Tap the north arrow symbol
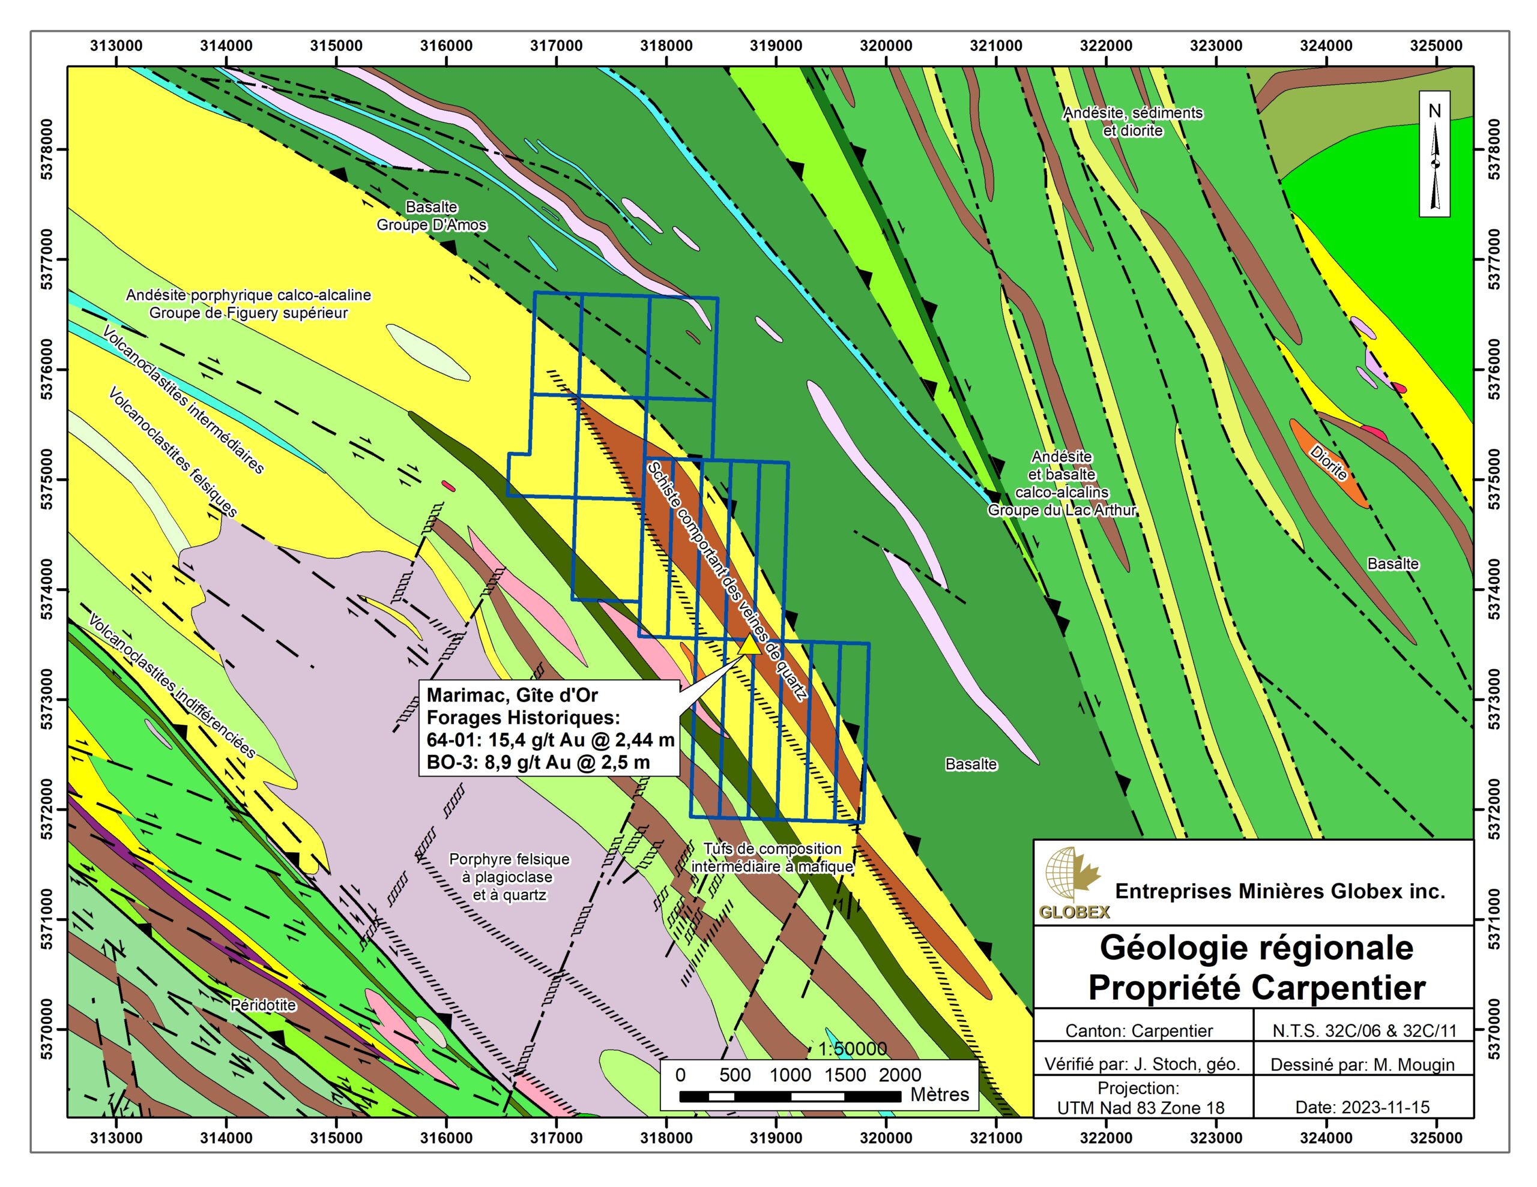[x=1434, y=162]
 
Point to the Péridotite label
[x=263, y=1005]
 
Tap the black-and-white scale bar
[x=790, y=1096]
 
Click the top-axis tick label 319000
[x=776, y=46]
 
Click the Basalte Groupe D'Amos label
[x=432, y=216]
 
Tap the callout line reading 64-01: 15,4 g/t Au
[x=551, y=739]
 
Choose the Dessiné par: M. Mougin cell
[x=1362, y=1065]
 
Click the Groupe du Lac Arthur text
[x=1062, y=510]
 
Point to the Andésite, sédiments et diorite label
[x=1132, y=122]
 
